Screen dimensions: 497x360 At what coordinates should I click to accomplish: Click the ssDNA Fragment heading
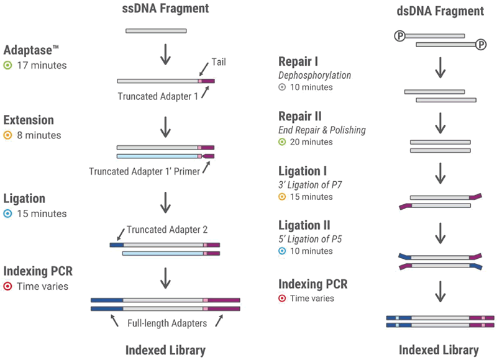(165, 9)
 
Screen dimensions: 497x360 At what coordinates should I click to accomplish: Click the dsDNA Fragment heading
(440, 11)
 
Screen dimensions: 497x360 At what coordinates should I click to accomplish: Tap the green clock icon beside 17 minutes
(7, 66)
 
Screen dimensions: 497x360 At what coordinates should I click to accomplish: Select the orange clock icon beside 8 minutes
(7, 135)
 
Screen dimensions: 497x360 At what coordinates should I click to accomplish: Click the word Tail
(219, 62)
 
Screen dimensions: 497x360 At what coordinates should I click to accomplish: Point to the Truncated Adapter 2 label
(167, 230)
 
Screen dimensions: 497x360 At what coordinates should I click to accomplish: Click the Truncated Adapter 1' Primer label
(144, 171)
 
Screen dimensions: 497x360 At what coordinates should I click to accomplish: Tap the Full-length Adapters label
(167, 323)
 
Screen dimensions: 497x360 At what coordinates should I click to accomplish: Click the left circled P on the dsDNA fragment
(400, 36)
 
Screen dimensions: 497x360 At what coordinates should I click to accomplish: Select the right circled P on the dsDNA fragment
(481, 45)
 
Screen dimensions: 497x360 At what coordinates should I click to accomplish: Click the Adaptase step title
(31, 50)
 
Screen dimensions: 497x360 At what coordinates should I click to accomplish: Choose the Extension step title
(29, 120)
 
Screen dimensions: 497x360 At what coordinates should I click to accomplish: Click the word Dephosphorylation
(315, 75)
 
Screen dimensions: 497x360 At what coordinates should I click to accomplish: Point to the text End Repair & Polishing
(322, 130)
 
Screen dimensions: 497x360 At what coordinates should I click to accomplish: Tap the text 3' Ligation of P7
(310, 184)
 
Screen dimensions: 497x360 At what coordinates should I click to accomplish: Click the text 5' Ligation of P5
(310, 239)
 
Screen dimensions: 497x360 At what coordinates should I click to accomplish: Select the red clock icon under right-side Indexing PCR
(282, 299)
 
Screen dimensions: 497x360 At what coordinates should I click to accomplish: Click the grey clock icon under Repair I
(282, 87)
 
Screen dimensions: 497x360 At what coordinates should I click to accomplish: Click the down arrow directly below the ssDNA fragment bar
(165, 55)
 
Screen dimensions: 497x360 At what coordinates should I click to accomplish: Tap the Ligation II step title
(304, 225)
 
